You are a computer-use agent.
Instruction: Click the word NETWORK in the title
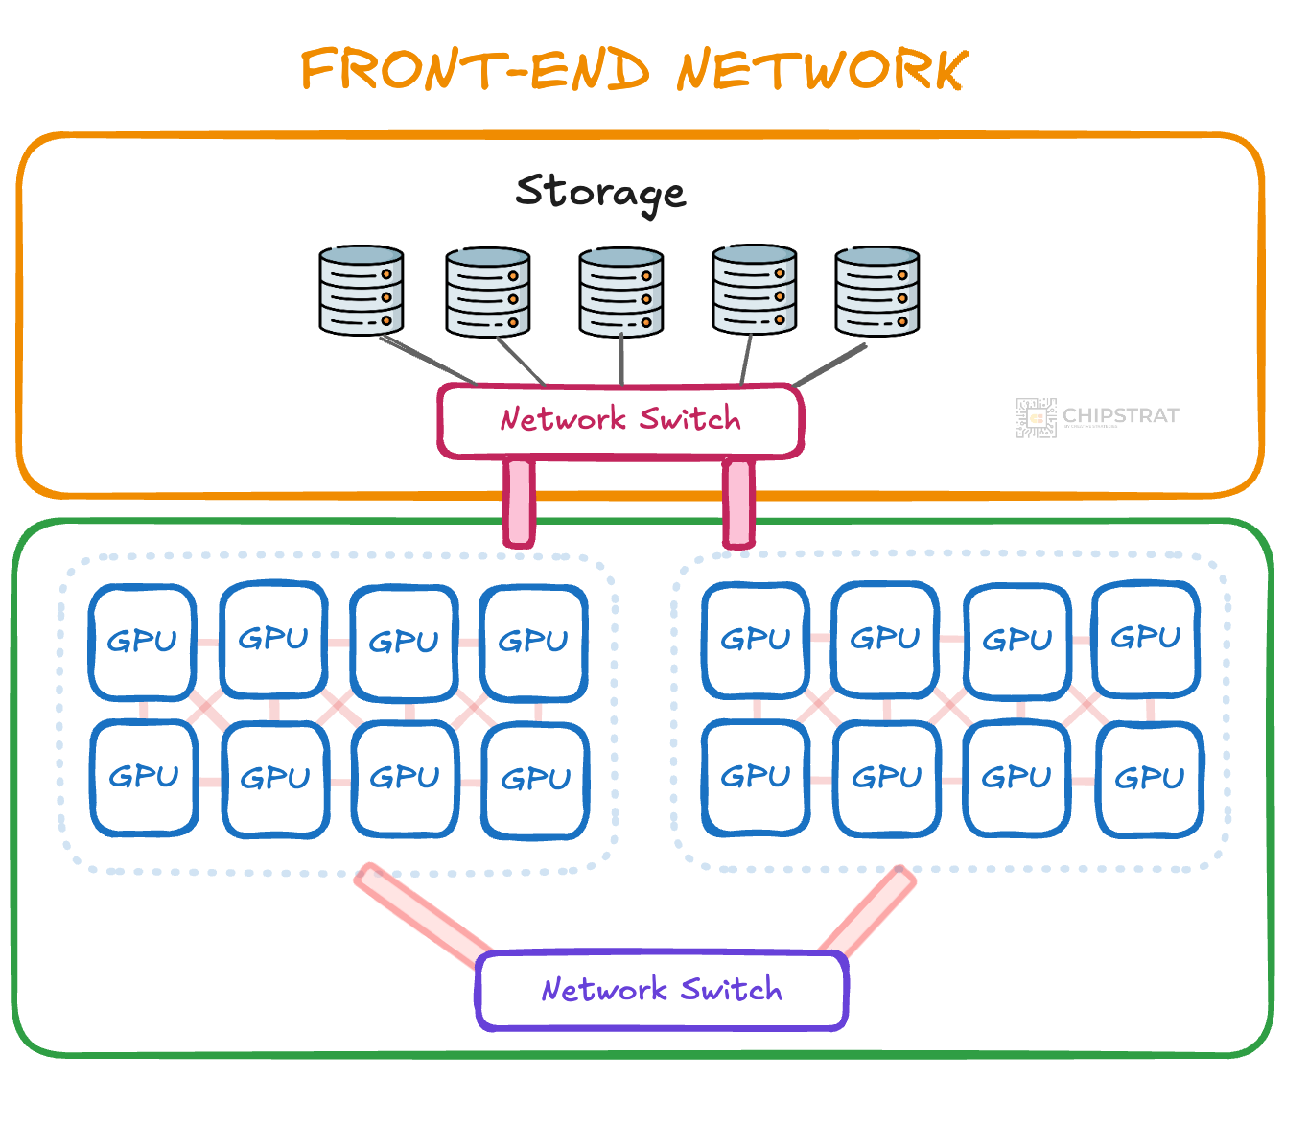pyautogui.click(x=822, y=69)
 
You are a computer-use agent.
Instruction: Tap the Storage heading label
pyautogui.click(x=600, y=192)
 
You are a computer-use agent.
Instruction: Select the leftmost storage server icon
pyautogui.click(x=362, y=291)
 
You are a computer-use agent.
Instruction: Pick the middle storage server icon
pyautogui.click(x=621, y=293)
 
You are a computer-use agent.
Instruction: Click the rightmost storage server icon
pyautogui.click(x=876, y=292)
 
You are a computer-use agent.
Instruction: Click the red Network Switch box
pyautogui.click(x=620, y=420)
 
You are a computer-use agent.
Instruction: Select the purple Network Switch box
pyautogui.click(x=662, y=990)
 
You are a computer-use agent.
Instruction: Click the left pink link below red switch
pyautogui.click(x=519, y=502)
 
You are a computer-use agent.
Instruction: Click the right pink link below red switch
pyautogui.click(x=738, y=502)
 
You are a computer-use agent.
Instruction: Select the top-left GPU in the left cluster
pyautogui.click(x=143, y=641)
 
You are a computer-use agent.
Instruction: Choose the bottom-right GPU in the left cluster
pyautogui.click(x=535, y=779)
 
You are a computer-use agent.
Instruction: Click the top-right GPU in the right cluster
pyautogui.click(x=1145, y=638)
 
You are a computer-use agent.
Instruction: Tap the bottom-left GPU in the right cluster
pyautogui.click(x=756, y=777)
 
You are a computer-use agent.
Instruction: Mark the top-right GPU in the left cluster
pyautogui.click(x=533, y=641)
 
